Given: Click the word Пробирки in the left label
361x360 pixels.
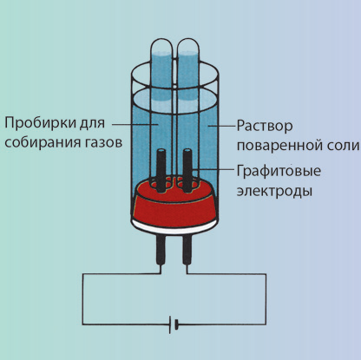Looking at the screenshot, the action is (41, 123).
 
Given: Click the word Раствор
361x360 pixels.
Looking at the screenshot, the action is (265, 127).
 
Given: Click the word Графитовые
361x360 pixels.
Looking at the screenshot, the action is (279, 171).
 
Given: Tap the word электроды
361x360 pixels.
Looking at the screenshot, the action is (274, 192).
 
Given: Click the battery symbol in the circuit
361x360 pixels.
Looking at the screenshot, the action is (173, 324).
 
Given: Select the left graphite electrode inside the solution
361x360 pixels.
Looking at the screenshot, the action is (161, 170).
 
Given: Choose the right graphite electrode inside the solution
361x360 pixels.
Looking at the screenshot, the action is (187, 170).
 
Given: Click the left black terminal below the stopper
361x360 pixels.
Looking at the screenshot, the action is (160, 250).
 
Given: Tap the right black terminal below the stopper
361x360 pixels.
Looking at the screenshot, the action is (187, 250).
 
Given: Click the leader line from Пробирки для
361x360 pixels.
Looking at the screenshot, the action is (135, 125).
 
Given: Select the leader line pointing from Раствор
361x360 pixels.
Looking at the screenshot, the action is (221, 126).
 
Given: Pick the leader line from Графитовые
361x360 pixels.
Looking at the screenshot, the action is (214, 169).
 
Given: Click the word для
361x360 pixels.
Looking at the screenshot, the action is (92, 123).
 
